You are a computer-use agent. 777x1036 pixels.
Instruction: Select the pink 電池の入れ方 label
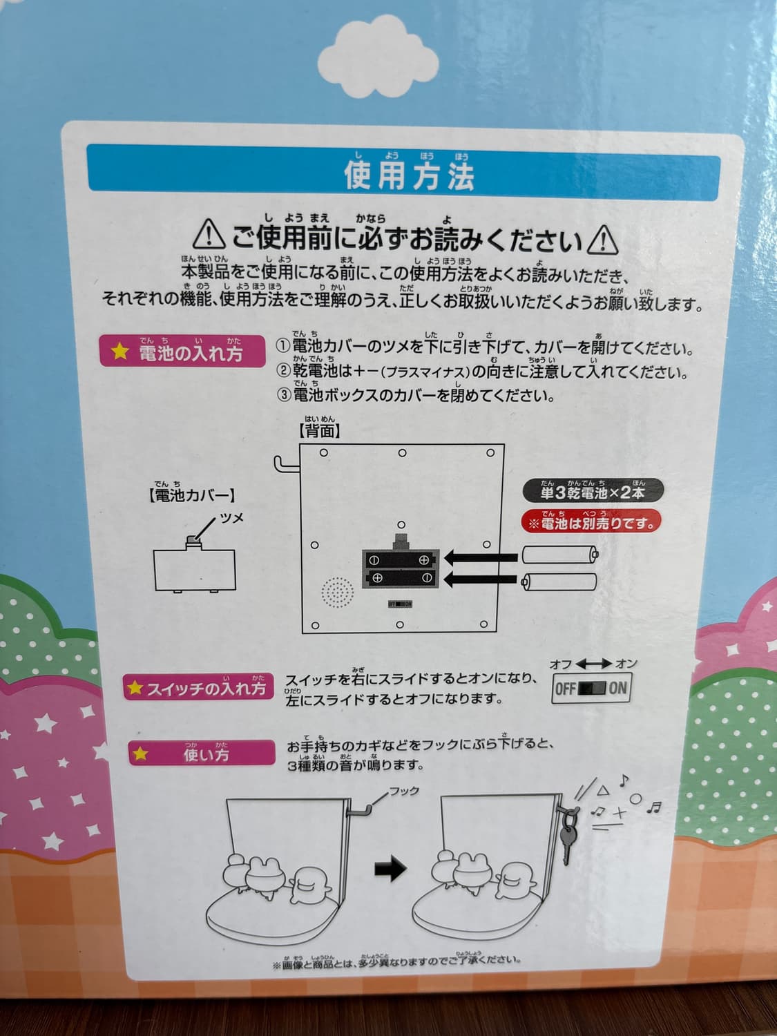[x=183, y=352]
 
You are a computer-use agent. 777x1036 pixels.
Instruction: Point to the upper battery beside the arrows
[x=560, y=555]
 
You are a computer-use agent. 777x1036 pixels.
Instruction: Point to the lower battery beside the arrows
[x=560, y=582]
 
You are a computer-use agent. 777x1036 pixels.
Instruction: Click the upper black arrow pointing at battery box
[x=480, y=556]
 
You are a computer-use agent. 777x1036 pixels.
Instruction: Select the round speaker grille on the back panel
[x=337, y=593]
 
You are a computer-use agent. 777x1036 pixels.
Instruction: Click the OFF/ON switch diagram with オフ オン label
[x=591, y=688]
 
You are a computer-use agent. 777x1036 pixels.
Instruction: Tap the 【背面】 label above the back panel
[x=319, y=431]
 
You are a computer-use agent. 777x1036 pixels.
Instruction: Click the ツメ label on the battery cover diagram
[x=231, y=517]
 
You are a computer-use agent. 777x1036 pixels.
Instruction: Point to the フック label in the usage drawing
[x=404, y=791]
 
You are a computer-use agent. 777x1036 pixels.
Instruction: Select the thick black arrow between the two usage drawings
[x=390, y=870]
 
